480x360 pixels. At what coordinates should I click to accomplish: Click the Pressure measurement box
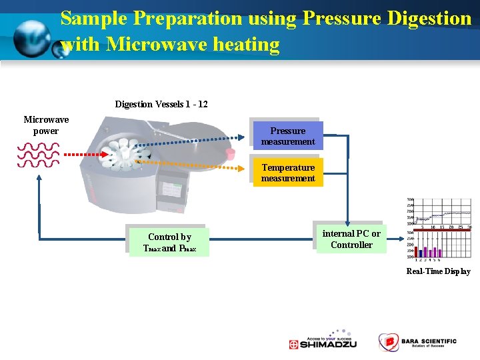pyautogui.click(x=288, y=136)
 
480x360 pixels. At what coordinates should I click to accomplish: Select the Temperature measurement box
pyautogui.click(x=288, y=173)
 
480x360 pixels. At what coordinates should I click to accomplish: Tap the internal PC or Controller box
pyautogui.click(x=351, y=239)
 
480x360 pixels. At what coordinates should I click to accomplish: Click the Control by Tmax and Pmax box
pyautogui.click(x=169, y=242)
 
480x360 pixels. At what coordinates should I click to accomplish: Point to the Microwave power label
pyautogui.click(x=46, y=125)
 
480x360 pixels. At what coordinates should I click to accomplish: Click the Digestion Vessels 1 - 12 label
pyautogui.click(x=161, y=105)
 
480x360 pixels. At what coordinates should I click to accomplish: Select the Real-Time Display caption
pyautogui.click(x=438, y=271)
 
